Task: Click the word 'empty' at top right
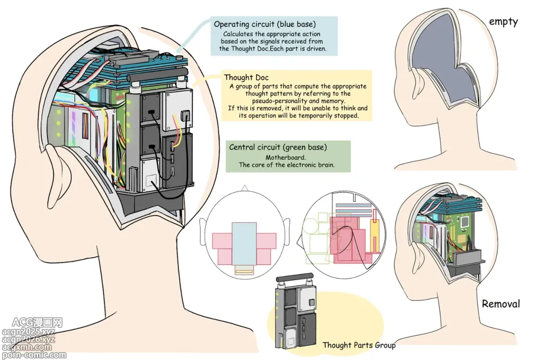click(x=503, y=22)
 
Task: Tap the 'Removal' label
click(x=500, y=304)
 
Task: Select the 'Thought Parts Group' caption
click(x=359, y=345)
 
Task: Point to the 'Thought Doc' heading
click(x=246, y=78)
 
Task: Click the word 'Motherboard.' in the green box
click(x=287, y=157)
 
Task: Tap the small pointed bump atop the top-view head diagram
click(x=245, y=189)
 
